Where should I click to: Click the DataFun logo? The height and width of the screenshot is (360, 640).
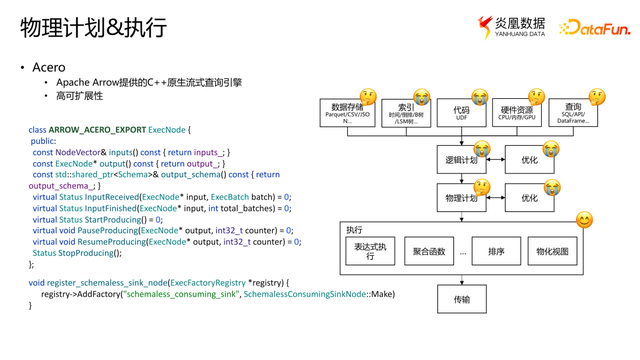[x=595, y=28]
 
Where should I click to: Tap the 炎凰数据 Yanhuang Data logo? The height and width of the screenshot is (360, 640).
[x=511, y=27]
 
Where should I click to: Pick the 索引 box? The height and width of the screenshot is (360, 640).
[x=406, y=112]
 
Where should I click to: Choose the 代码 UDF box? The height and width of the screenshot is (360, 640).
[x=461, y=112]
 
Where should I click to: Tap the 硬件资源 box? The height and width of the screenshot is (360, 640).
[x=517, y=112]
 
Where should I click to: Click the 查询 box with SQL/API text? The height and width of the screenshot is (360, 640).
[x=573, y=112]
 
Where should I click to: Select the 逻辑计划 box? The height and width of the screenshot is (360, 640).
[x=461, y=159]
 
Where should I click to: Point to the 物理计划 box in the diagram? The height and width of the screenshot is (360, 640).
[x=461, y=198]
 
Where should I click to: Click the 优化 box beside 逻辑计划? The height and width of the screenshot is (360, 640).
[x=529, y=159]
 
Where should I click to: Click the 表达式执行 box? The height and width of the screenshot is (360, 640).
[x=369, y=251]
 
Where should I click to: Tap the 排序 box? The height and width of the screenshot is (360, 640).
[x=496, y=251]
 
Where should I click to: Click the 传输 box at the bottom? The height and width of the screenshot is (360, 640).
[x=461, y=298]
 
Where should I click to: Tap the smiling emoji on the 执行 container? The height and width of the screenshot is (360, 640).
[x=584, y=220]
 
